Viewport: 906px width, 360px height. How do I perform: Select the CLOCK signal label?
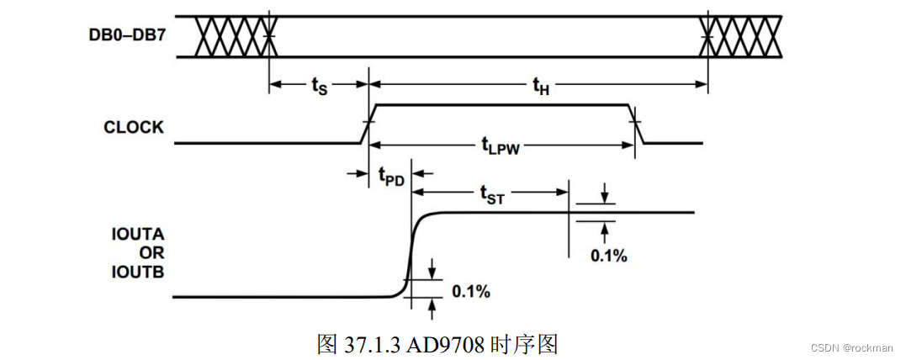[134, 128]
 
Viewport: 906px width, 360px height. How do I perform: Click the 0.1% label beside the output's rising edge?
[471, 291]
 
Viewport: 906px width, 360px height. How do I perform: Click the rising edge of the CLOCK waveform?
[368, 124]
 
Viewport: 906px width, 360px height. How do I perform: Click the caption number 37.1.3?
[371, 344]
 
